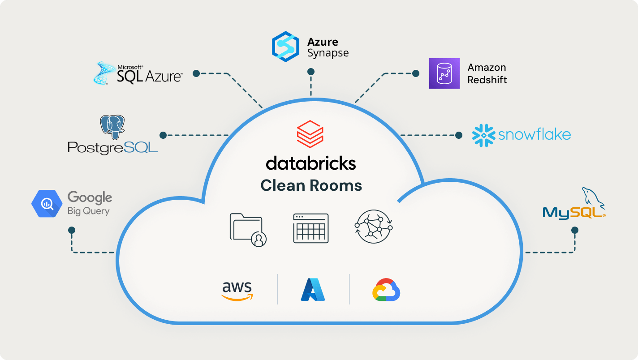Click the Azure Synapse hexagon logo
(285, 47)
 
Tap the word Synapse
(328, 53)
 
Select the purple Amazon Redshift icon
(444, 73)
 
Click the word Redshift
(487, 80)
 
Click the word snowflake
(535, 135)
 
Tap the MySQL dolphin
(593, 197)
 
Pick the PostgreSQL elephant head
(112, 127)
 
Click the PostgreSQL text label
(112, 147)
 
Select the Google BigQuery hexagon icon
(47, 204)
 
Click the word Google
(90, 197)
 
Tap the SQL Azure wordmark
(149, 76)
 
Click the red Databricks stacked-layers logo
(310, 133)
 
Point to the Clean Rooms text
(311, 185)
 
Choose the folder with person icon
(248, 230)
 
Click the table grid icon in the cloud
(311, 228)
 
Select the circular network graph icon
(373, 227)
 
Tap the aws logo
(237, 291)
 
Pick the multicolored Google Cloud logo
(386, 290)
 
